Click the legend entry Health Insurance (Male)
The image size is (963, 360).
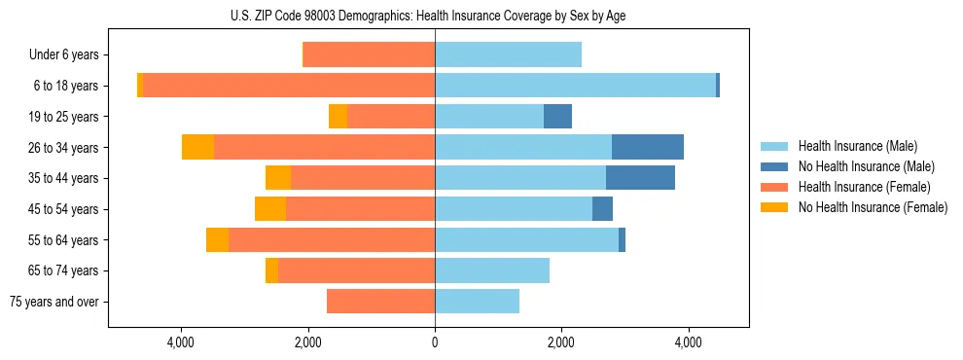(x=857, y=146)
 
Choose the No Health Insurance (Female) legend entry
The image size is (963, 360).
(x=873, y=207)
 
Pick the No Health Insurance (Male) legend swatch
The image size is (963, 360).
(x=775, y=166)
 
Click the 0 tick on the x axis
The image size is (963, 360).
(x=435, y=342)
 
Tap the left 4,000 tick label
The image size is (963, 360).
(x=182, y=342)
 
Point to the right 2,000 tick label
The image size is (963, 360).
(x=561, y=342)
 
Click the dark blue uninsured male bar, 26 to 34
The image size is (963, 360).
(x=648, y=147)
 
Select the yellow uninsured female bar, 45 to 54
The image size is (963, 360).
(x=270, y=209)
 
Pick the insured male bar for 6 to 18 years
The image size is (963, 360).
(x=575, y=86)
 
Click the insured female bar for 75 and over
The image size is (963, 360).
(x=380, y=302)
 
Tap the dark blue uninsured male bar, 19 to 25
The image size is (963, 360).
(x=557, y=117)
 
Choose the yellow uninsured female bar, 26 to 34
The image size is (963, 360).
(x=197, y=147)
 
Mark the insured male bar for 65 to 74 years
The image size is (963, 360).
(x=492, y=270)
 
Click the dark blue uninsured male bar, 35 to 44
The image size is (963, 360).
(x=640, y=178)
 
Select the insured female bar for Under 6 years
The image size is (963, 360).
(x=369, y=54)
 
